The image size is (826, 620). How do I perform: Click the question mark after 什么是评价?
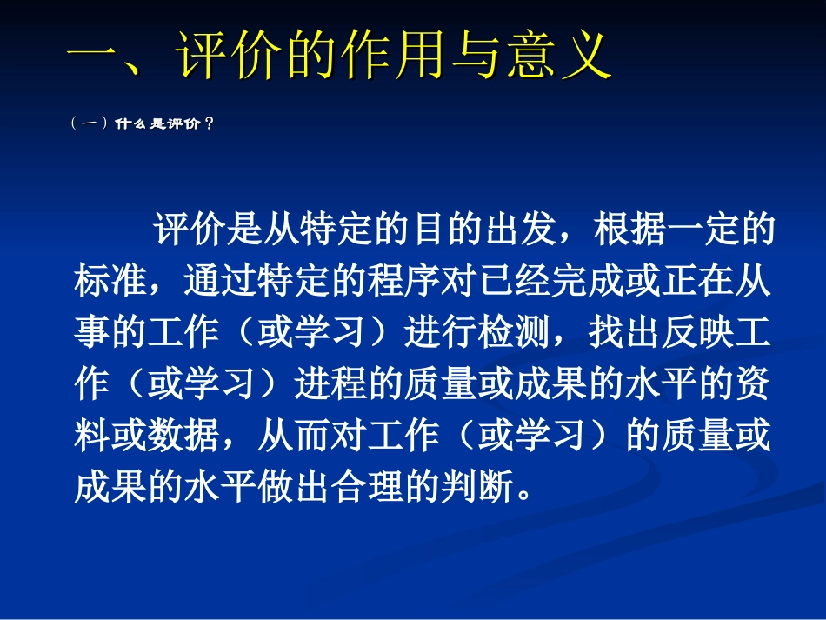[x=208, y=124]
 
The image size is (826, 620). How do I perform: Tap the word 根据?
[x=629, y=232]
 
